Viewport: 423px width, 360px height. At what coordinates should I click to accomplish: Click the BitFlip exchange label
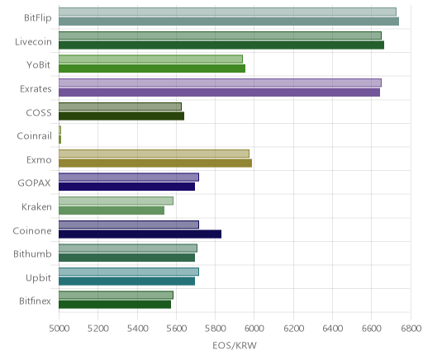38,18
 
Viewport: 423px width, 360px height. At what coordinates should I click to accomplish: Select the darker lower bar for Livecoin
221,45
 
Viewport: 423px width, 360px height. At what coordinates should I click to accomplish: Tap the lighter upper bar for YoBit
150,59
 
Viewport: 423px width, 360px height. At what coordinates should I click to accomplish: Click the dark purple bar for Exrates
219,92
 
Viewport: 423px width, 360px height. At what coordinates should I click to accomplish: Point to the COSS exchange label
39,113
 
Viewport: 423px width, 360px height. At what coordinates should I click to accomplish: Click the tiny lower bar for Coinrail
59,140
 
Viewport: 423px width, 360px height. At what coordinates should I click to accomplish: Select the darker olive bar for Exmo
155,163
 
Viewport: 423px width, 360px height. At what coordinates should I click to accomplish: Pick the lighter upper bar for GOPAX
129,178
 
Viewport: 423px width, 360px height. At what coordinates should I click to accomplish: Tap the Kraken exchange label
36,206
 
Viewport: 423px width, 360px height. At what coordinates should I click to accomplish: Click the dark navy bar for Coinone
140,234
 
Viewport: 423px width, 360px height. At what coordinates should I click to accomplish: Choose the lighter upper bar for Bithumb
128,248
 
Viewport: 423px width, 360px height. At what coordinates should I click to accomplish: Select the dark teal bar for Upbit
126,281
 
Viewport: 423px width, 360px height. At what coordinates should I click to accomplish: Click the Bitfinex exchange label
35,301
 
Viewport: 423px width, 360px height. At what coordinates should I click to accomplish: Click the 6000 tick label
254,329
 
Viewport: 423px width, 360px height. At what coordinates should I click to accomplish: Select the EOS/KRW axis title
235,345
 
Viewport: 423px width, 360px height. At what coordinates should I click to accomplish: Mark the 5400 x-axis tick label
137,329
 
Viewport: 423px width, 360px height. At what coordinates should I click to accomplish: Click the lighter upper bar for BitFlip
227,12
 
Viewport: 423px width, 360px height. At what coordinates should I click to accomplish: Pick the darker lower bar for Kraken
112,211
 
